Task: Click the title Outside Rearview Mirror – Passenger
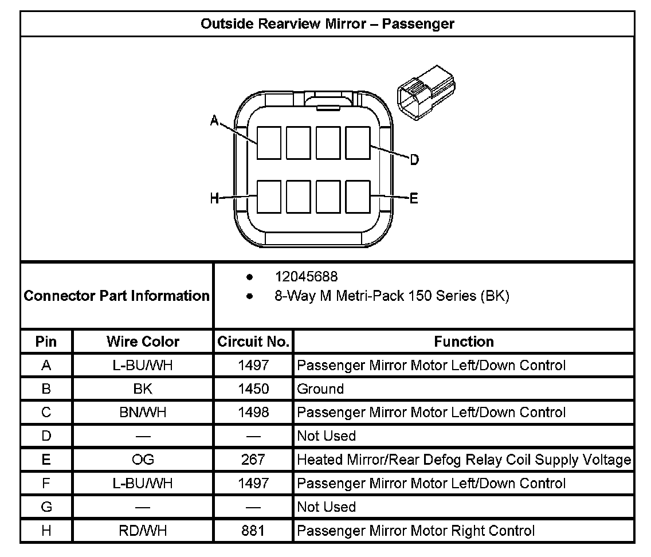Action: pos(327,24)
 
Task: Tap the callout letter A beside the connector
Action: pos(214,120)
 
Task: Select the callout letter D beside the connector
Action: pos(414,160)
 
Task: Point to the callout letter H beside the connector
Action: pos(214,199)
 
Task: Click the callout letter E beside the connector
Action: pos(414,199)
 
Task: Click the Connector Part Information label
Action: pos(116,296)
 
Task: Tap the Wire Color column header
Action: pos(143,342)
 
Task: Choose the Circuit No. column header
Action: pos(253,342)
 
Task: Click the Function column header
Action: pos(464,342)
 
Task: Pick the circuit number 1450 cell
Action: pos(253,389)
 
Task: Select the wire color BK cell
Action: pos(143,389)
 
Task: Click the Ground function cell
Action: pos(320,389)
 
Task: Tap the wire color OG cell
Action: pos(143,460)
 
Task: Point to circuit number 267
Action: pos(253,460)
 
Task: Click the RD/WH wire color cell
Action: pos(143,531)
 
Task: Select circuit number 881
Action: pos(253,531)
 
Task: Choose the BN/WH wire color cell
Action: pos(143,413)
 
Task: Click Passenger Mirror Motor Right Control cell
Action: pos(415,531)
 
